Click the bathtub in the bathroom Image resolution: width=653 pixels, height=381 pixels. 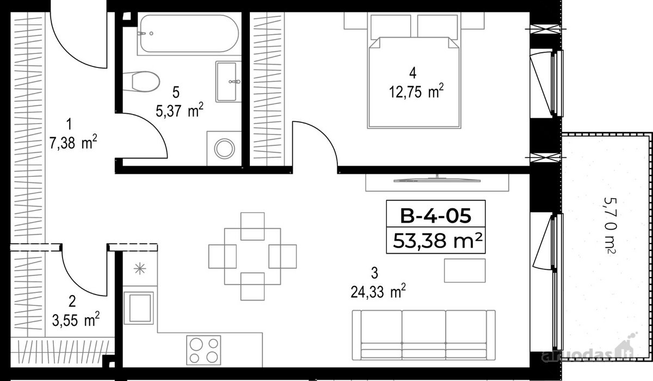tap(189, 34)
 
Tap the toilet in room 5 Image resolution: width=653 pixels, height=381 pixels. tap(141, 82)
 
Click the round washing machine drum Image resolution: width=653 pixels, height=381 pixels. tap(224, 149)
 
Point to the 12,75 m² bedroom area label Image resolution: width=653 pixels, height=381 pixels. tap(416, 92)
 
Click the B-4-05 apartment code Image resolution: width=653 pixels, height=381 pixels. tap(435, 216)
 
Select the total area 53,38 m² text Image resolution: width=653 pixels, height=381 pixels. tap(438, 241)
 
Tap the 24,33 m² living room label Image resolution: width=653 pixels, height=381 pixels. tap(378, 292)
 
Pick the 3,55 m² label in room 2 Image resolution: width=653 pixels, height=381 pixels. tap(76, 320)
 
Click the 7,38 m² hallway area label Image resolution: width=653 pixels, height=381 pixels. tap(73, 143)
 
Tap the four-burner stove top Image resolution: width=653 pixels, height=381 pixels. tap(204, 350)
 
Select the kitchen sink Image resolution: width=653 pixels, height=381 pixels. tap(139, 308)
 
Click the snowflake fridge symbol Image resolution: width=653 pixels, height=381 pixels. tap(140, 268)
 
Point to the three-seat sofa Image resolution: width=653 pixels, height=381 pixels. tap(423, 335)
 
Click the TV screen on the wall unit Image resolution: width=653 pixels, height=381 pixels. tap(436, 180)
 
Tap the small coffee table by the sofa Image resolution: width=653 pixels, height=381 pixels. tap(465, 271)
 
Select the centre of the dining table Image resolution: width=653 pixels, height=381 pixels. tap(252, 256)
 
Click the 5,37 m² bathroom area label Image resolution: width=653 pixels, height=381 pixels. tap(179, 110)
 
